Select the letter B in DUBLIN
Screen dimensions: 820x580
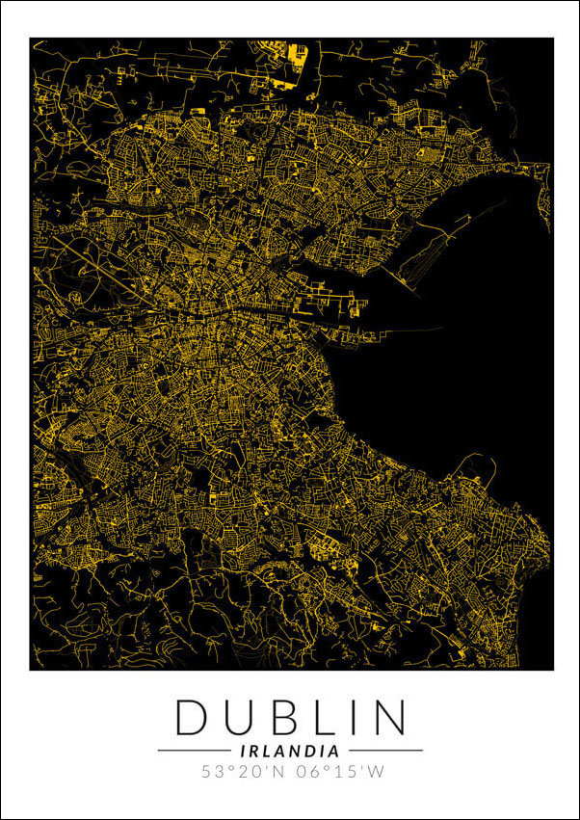(285, 718)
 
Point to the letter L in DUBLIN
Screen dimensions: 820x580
(326, 718)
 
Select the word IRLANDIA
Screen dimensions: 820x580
(289, 750)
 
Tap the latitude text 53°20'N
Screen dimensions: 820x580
(242, 772)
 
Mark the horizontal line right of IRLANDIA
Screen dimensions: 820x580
(385, 750)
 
